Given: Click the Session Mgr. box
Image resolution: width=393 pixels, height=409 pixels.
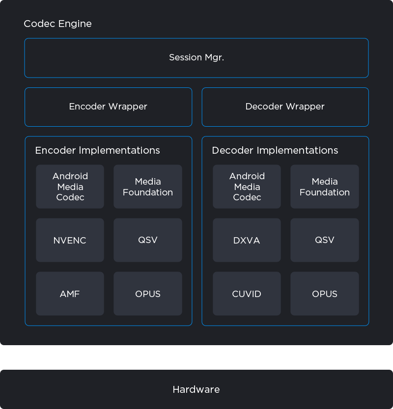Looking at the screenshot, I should (x=196, y=57).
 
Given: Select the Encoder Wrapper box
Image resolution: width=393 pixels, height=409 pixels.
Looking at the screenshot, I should (x=108, y=107).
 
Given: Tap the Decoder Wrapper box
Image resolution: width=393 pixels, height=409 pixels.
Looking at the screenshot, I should (x=285, y=107).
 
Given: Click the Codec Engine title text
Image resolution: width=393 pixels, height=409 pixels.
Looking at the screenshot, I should (x=57, y=24).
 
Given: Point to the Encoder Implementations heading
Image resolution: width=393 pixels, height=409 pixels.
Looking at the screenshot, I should (x=97, y=150).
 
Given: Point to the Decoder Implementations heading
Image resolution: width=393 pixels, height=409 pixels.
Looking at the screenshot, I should (x=275, y=150).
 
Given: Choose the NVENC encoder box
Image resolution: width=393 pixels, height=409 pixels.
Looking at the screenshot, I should (x=70, y=240).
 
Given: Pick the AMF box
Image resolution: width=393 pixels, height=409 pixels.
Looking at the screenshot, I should (x=70, y=294).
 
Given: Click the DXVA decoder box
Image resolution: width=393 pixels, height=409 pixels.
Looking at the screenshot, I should (x=247, y=240).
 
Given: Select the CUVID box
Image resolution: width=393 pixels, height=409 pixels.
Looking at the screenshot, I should (x=247, y=294).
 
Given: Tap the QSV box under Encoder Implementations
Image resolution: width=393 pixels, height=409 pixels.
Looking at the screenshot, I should (x=148, y=240).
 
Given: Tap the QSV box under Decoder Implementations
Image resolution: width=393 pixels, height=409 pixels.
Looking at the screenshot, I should (x=325, y=240).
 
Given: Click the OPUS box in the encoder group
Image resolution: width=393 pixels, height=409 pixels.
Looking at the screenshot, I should (x=148, y=294).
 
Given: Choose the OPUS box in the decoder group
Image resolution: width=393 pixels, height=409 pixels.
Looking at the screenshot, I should (x=325, y=294).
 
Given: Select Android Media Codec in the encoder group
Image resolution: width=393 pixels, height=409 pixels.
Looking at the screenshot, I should (x=70, y=187).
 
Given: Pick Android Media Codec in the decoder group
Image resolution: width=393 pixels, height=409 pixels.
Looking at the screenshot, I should (x=247, y=187).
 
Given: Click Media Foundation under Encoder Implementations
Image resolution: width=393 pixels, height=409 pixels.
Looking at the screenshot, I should (x=148, y=187).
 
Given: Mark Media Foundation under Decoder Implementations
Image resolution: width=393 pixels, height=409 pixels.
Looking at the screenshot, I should (x=325, y=187).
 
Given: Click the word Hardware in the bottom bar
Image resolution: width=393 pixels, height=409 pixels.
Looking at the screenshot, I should (x=196, y=389).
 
